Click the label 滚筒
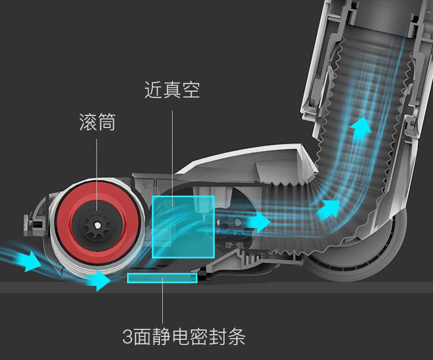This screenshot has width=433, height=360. pos(97,122)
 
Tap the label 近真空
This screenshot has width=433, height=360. pos(172,89)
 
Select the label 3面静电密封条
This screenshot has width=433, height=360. pos(184,336)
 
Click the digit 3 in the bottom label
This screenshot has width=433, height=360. pos(128,336)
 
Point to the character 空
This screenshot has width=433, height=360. pos(191,89)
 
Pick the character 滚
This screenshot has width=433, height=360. pos(88,122)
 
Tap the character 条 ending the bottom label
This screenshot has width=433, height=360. pos(237,336)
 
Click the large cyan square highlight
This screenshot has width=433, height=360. pos(184,227)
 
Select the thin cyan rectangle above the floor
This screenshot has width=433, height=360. pos(162,278)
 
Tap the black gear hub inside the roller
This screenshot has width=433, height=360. pos(97,225)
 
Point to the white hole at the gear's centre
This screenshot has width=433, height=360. pos(97,226)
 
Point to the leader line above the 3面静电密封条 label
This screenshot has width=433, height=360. pos(162,301)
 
